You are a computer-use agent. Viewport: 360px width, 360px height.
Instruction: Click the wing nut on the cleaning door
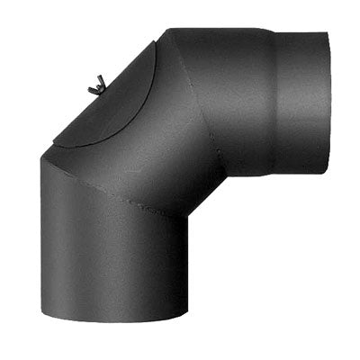(95, 86)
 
